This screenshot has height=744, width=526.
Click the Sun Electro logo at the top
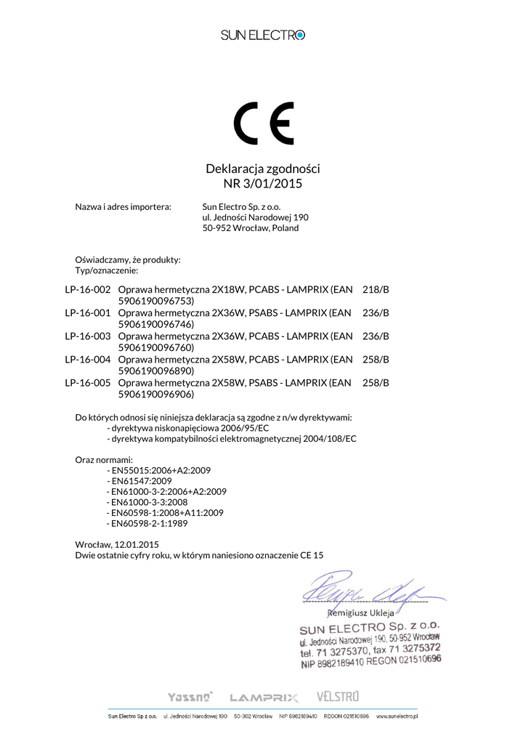(x=263, y=35)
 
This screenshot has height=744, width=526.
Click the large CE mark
(x=263, y=124)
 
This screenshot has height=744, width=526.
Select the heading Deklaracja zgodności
(x=263, y=169)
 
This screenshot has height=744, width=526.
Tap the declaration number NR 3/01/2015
(x=263, y=184)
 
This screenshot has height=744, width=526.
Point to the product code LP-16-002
(x=88, y=290)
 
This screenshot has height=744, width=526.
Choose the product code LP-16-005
(x=88, y=383)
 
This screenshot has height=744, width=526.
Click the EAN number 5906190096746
(x=155, y=325)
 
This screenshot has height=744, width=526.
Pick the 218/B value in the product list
(x=376, y=290)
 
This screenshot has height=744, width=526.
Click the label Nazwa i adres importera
(x=123, y=206)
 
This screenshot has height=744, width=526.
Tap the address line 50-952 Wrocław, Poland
(x=250, y=228)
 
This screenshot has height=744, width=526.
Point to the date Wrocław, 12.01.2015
(x=117, y=544)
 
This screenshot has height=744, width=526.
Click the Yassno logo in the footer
(x=190, y=697)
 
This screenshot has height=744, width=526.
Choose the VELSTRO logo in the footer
(x=338, y=697)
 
